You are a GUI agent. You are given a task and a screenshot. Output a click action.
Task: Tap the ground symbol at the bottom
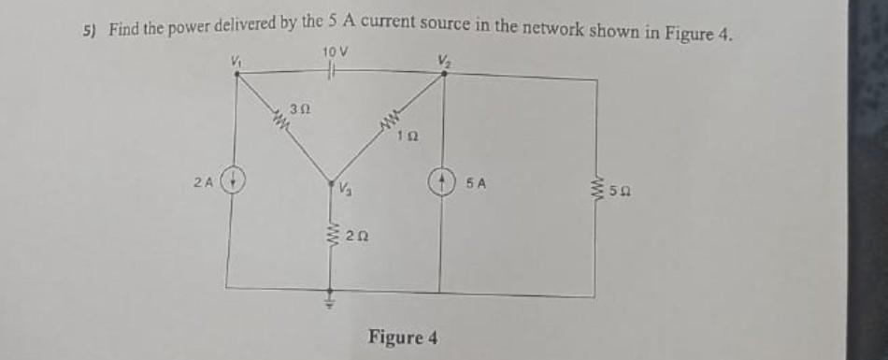coord(329,300)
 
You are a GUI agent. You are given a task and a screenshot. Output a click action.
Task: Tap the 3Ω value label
coord(297,109)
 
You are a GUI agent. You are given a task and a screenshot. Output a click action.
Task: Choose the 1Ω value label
coord(405,137)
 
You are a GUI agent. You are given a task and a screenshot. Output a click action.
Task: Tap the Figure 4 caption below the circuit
coord(403,336)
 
